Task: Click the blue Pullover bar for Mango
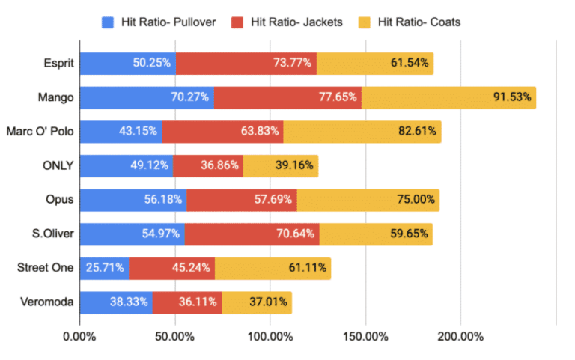(x=146, y=97)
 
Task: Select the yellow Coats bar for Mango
(x=448, y=97)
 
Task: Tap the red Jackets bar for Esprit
(x=246, y=63)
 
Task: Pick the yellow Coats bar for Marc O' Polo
(x=362, y=131)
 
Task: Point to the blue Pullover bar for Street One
(x=103, y=268)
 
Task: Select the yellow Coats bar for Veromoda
(x=256, y=302)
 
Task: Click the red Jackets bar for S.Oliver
(x=252, y=234)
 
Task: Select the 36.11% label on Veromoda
(x=198, y=302)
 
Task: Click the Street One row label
(x=47, y=268)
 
